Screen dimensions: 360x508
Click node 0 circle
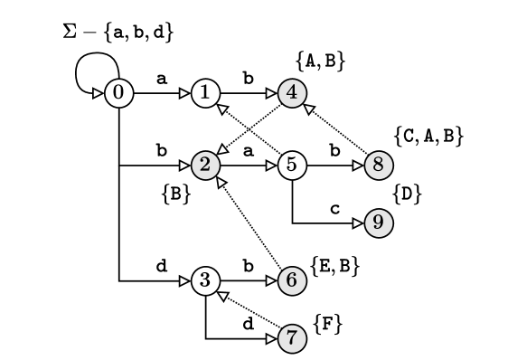(119, 92)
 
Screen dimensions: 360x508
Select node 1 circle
(206, 92)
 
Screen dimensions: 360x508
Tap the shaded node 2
(206, 165)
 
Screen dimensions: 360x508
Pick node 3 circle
(206, 281)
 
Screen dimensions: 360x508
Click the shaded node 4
(292, 92)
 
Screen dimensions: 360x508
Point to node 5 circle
(292, 165)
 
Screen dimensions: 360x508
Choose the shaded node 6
(292, 281)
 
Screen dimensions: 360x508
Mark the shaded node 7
(292, 338)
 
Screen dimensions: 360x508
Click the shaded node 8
(379, 165)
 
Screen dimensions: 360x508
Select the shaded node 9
(379, 223)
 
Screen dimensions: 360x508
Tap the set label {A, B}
(322, 61)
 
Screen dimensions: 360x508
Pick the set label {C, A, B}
(429, 136)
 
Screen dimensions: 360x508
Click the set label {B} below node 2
(174, 192)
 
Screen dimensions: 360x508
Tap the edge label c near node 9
(334, 209)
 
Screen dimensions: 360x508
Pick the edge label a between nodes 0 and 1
(162, 80)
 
